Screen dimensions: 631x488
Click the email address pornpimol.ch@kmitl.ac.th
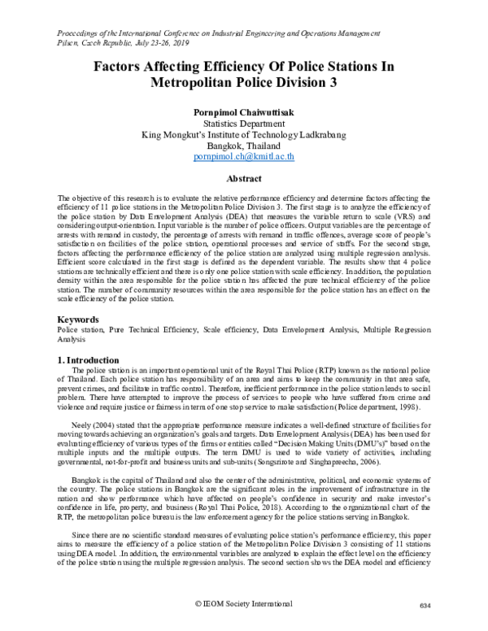243,154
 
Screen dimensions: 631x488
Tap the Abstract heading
243,177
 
